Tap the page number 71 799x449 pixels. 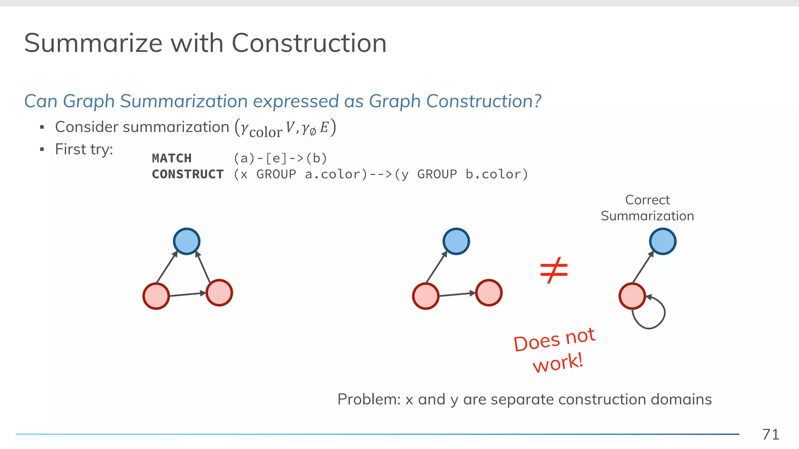(x=771, y=434)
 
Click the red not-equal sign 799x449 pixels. (x=554, y=270)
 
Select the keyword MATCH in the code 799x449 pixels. (x=172, y=158)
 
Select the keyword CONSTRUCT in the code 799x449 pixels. (x=188, y=174)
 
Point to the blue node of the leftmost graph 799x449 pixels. (x=186, y=241)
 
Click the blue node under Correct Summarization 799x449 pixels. (x=662, y=241)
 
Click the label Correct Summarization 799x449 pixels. (x=647, y=208)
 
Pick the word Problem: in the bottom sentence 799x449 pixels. (x=369, y=400)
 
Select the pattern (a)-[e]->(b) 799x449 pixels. (x=280, y=158)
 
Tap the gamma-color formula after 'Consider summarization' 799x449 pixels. (x=285, y=128)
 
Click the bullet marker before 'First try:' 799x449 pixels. (x=42, y=150)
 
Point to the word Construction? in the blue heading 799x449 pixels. (x=483, y=101)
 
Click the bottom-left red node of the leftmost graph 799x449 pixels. (x=156, y=296)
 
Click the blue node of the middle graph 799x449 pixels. (x=456, y=241)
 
